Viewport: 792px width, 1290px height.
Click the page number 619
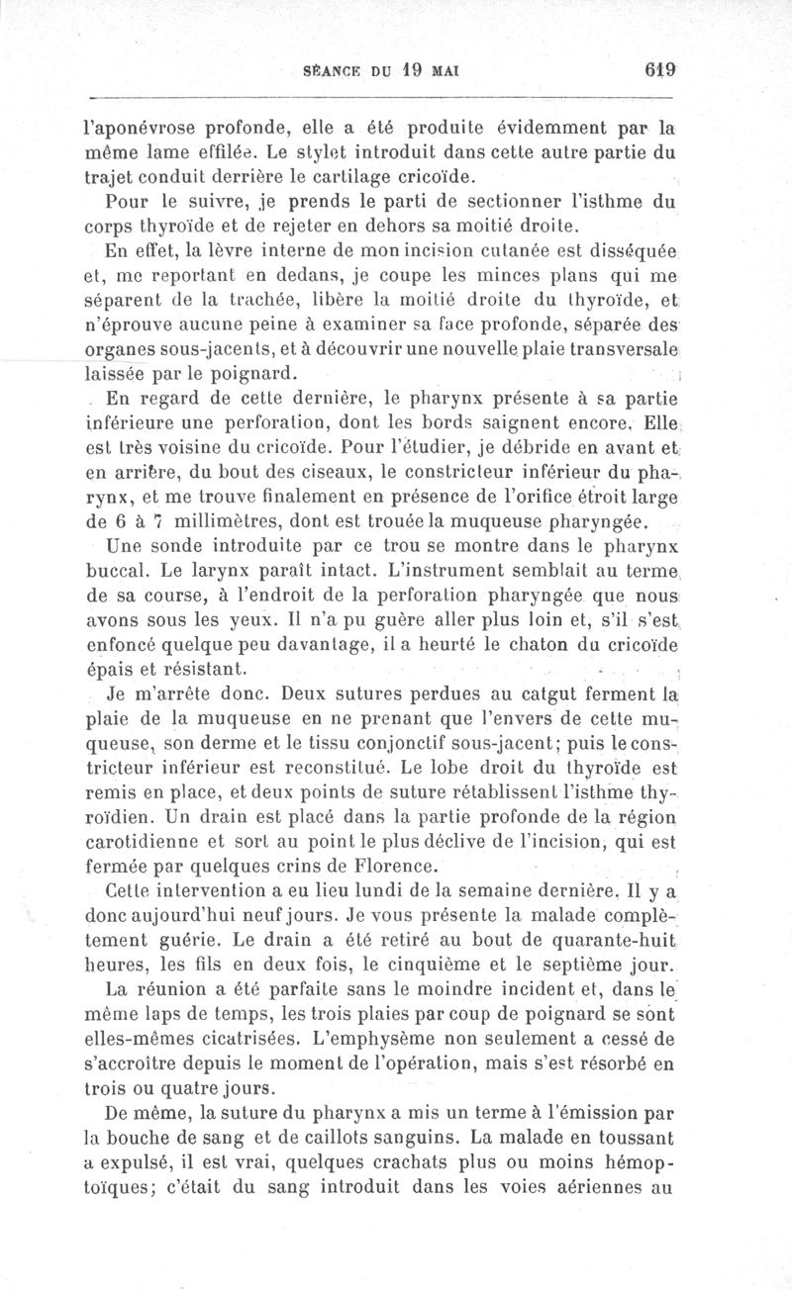[658, 71]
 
